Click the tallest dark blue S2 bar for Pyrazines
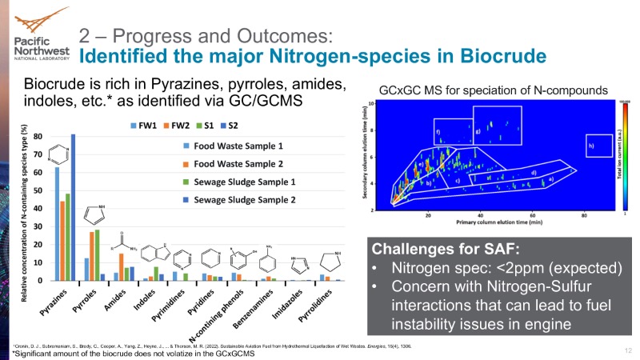pos(74,207)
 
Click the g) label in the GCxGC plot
pos(478,130)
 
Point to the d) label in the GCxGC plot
pos(534,171)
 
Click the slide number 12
pos(626,350)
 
